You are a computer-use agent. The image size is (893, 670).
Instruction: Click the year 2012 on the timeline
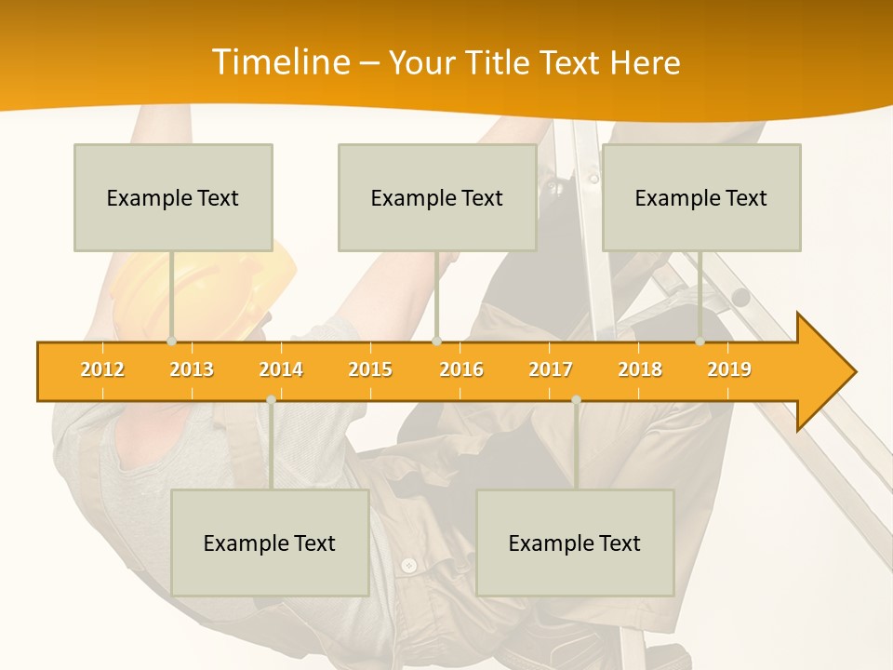102,369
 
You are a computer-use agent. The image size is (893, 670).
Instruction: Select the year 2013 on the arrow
192,369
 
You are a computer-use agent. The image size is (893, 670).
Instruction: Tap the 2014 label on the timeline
281,369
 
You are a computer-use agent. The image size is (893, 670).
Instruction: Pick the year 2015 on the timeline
370,369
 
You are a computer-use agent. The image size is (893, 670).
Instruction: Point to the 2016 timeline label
461,369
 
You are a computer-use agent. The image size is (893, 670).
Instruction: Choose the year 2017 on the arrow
551,369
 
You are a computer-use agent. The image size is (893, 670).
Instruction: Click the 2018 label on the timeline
640,369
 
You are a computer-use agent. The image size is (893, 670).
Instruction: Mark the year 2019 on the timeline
729,369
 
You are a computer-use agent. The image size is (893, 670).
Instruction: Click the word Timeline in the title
278,62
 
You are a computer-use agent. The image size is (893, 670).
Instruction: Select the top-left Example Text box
173,197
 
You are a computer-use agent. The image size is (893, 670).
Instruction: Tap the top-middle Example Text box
437,197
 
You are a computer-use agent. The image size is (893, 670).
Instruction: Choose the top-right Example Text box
701,197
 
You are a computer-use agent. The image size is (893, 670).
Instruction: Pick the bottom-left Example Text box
270,543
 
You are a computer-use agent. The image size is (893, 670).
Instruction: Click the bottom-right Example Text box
575,543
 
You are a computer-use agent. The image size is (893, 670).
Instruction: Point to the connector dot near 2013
171,342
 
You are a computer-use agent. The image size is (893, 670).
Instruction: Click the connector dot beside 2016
436,342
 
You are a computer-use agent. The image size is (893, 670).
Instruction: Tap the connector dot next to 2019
700,342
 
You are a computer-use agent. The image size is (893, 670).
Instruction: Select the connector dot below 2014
271,399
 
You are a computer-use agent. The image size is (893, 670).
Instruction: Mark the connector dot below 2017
576,399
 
